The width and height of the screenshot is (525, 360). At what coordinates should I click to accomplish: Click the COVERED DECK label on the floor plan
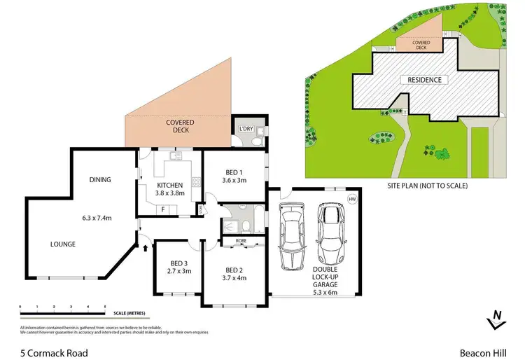[x=180, y=126]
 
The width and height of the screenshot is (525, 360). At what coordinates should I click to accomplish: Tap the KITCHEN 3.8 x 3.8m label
[x=170, y=190]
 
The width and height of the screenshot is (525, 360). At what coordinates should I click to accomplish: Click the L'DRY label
[x=246, y=130]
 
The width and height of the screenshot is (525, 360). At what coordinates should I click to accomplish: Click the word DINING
[x=100, y=180]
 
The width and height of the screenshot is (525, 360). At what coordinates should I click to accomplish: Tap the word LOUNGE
[x=63, y=244]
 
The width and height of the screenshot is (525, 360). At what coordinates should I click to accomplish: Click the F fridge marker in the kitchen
[x=162, y=209]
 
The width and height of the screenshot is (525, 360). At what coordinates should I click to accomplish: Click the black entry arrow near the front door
[x=146, y=246]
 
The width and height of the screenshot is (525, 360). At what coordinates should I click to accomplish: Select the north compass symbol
[x=496, y=319]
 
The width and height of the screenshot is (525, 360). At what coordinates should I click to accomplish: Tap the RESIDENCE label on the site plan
[x=425, y=80]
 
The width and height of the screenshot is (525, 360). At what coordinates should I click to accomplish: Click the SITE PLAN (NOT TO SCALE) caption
[x=427, y=186]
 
